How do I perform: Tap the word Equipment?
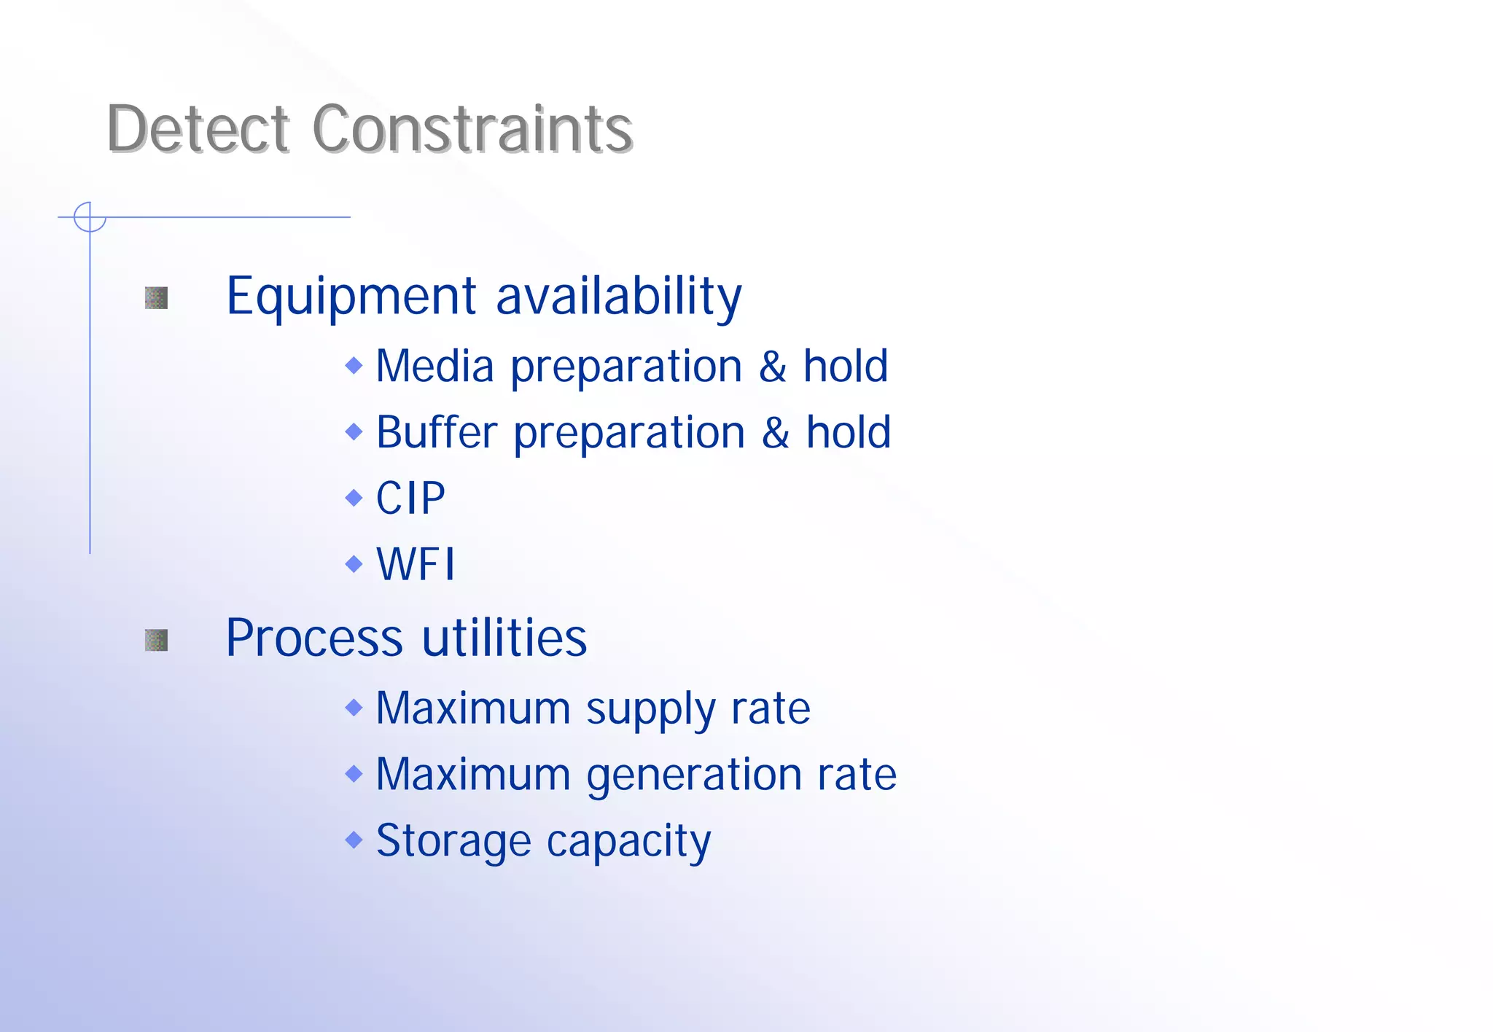tap(351, 297)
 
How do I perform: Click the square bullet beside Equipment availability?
tap(156, 297)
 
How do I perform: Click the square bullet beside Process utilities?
tap(156, 640)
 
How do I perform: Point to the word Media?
tap(434, 366)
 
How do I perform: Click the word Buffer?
tap(437, 432)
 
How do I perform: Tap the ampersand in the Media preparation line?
tap(773, 366)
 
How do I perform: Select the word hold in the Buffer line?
tap(848, 432)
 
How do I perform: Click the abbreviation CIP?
tap(410, 499)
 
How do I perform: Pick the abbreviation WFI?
tap(416, 564)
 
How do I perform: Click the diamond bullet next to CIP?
tap(354, 498)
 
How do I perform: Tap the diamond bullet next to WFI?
tap(354, 563)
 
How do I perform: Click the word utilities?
tap(504, 638)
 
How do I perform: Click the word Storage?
tap(453, 841)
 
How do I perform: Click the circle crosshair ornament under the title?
tap(90, 216)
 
